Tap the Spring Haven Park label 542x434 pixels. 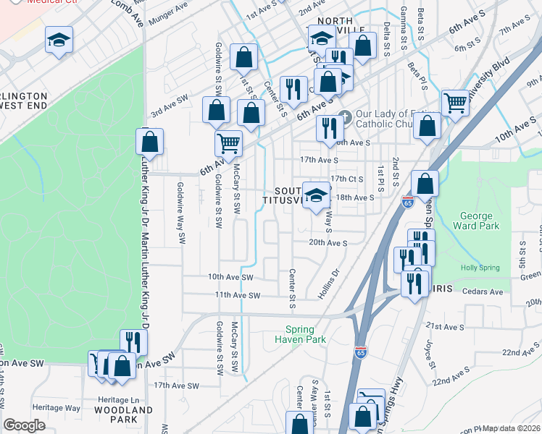coord(300,333)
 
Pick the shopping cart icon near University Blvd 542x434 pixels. coord(455,103)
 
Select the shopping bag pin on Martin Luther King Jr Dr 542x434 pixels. coord(149,142)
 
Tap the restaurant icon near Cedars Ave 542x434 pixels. coord(414,282)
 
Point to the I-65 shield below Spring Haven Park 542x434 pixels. coord(361,352)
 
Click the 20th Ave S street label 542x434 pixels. coord(328,243)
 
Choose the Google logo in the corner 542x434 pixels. coord(24,425)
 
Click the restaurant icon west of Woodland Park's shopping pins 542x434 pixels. coord(131,342)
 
